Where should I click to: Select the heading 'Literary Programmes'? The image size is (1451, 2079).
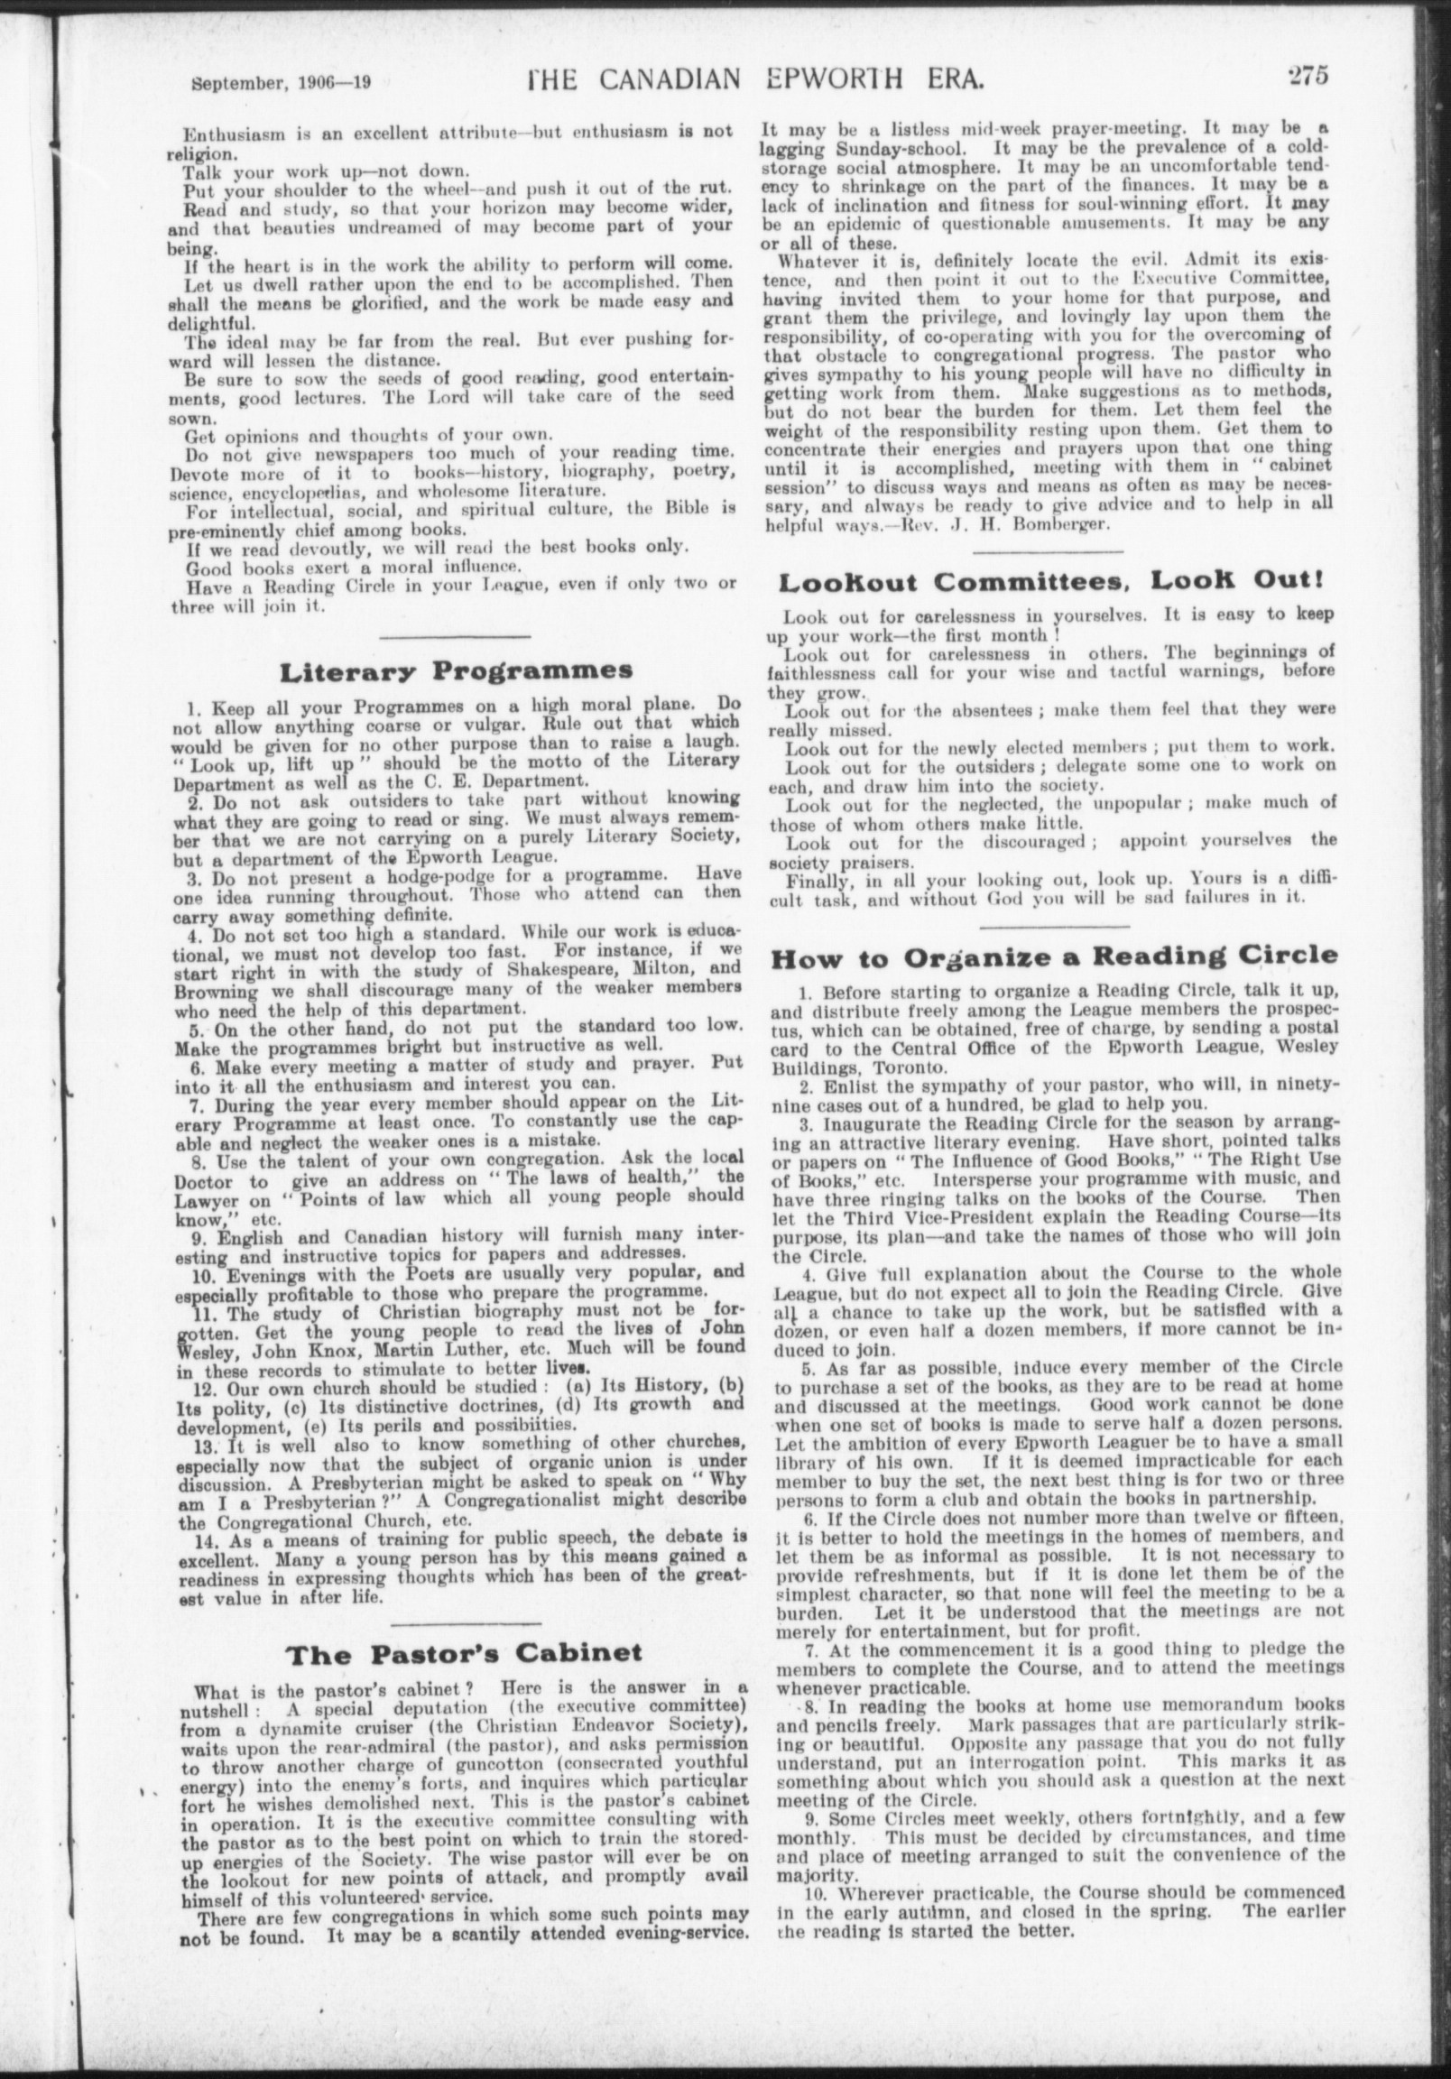457,671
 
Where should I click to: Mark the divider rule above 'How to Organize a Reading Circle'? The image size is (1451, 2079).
1054,926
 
